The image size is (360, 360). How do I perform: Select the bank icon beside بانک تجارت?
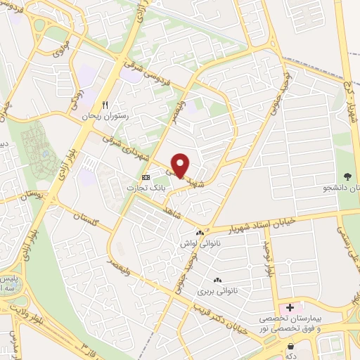[146, 177]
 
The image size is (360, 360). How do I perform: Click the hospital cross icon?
[289, 308]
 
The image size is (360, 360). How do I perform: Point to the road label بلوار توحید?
[271, 256]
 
